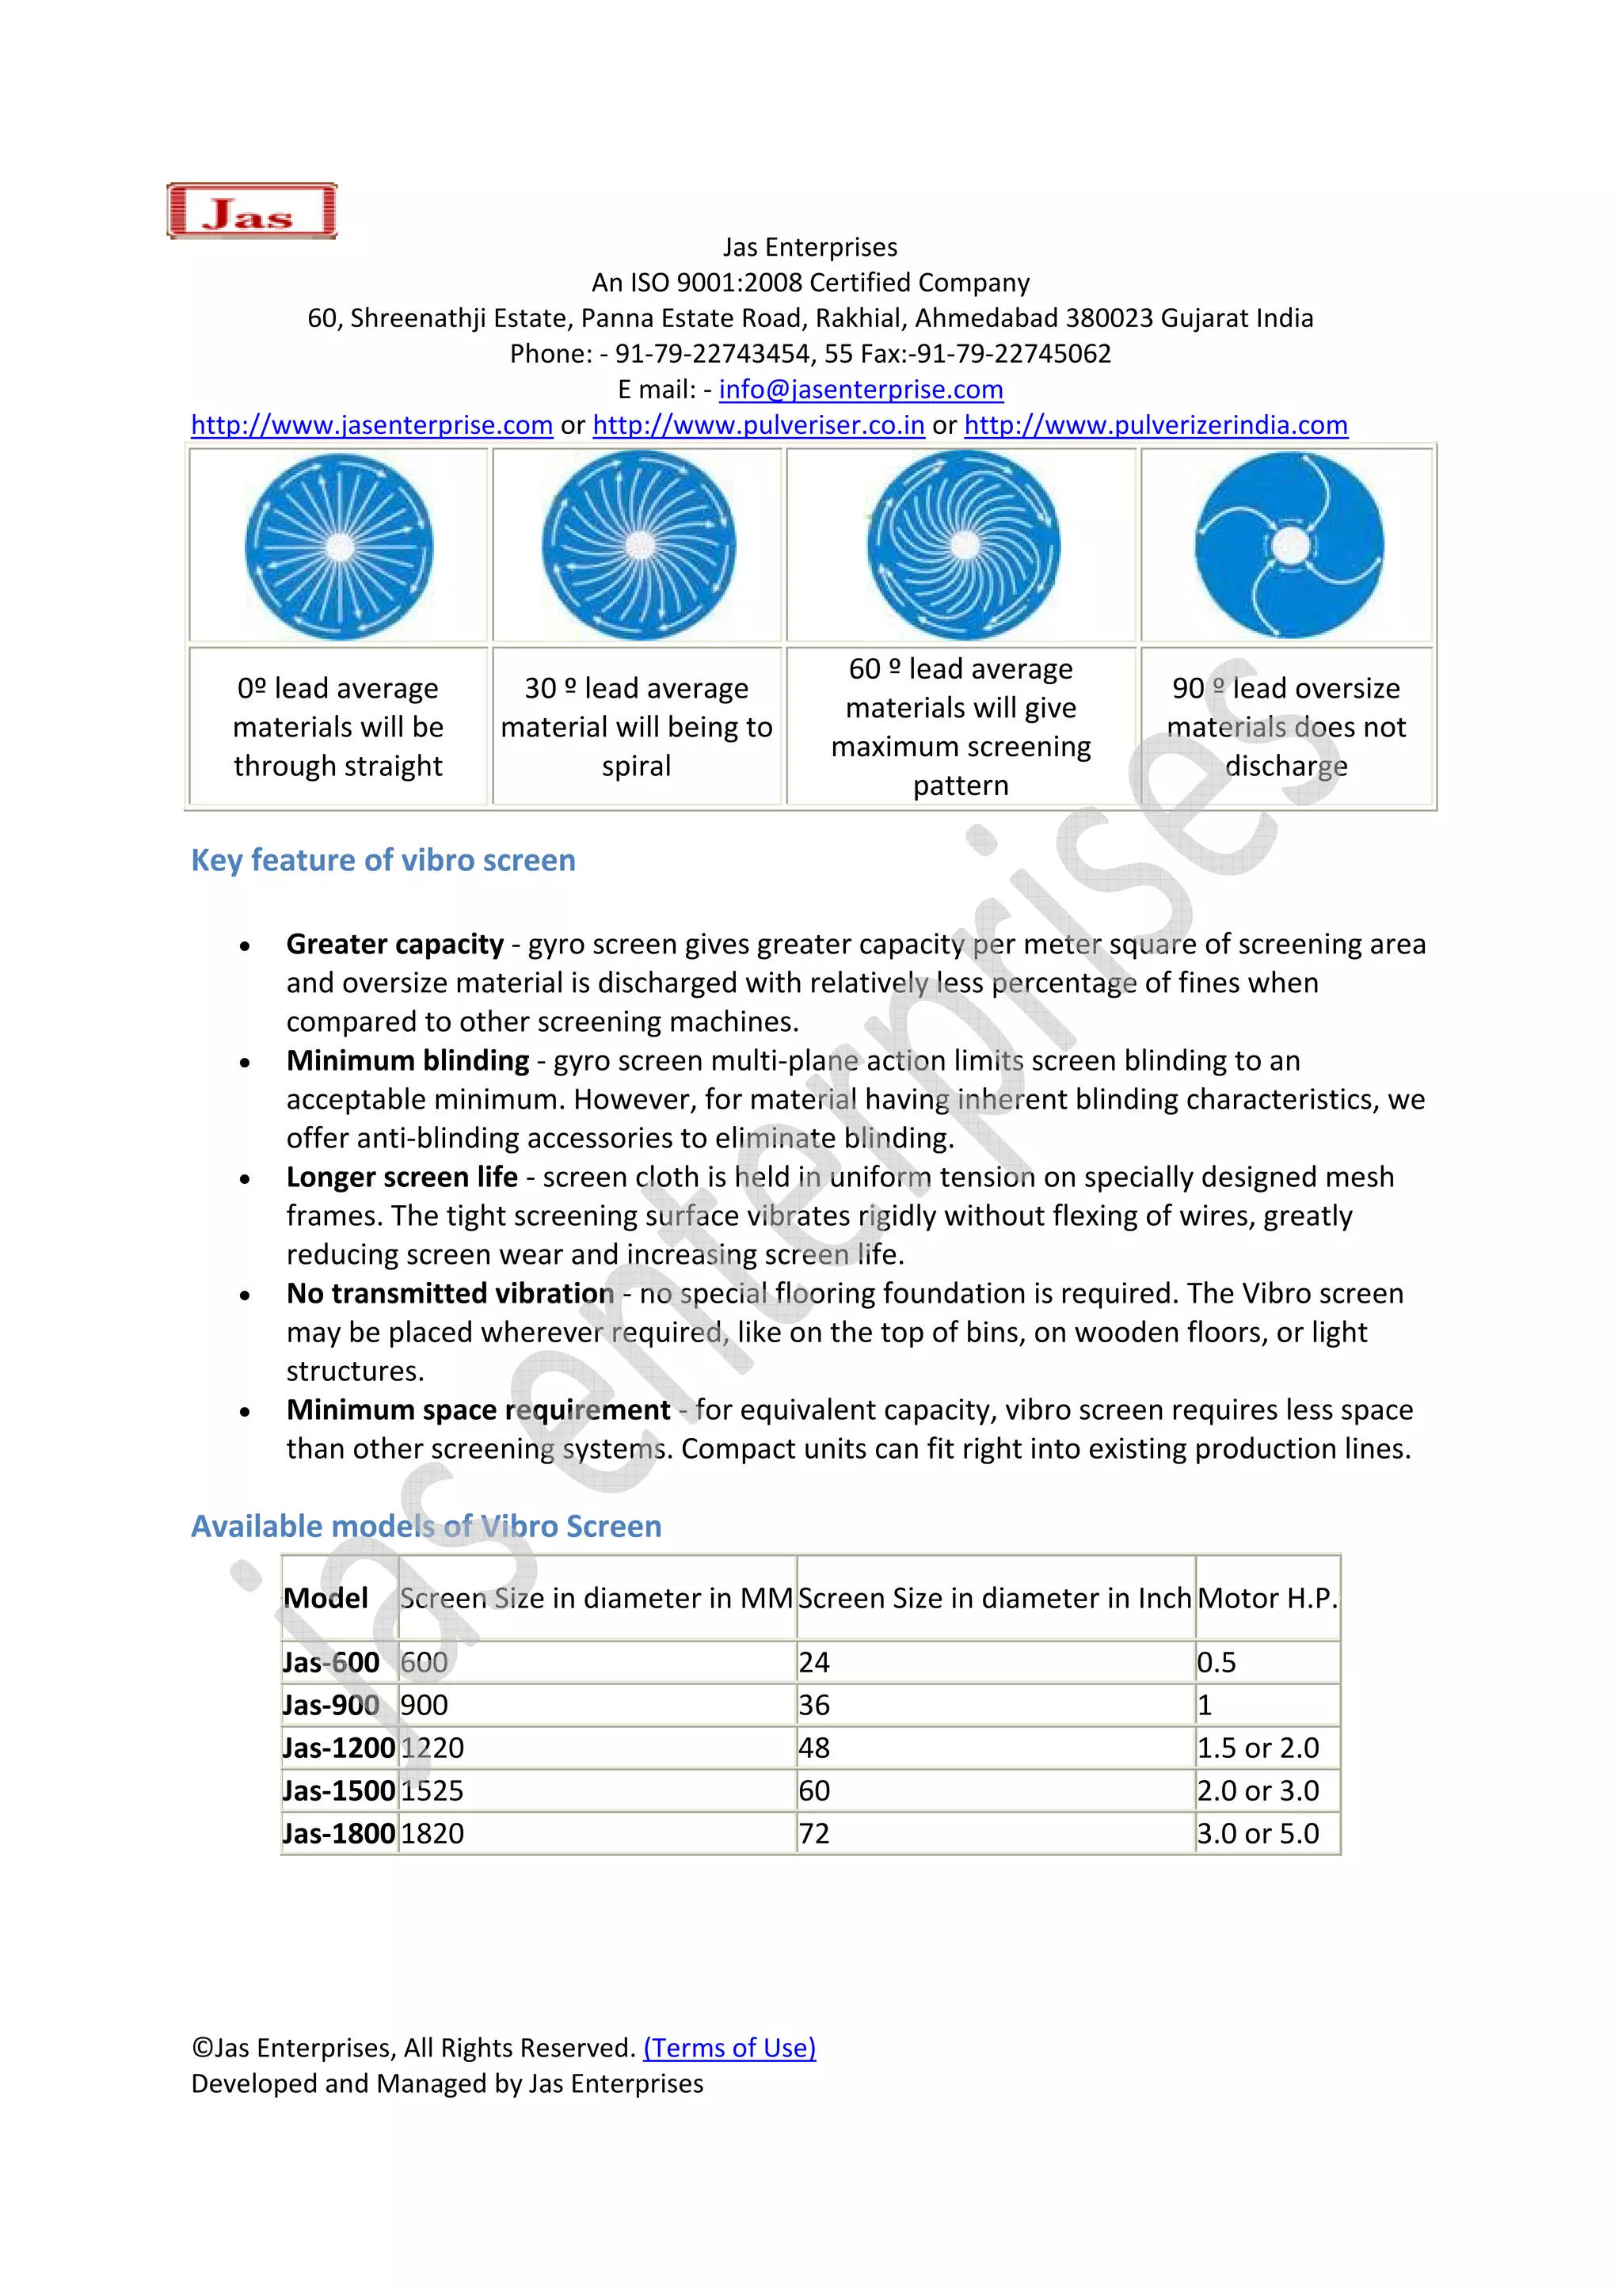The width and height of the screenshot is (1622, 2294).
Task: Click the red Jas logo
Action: [x=251, y=211]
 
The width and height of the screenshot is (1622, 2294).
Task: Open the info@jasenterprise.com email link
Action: [x=860, y=390]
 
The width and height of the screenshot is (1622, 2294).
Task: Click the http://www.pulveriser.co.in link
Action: [x=759, y=426]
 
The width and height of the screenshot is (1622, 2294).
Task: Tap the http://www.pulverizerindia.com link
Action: [x=1156, y=426]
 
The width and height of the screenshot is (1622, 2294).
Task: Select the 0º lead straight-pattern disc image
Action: [x=339, y=546]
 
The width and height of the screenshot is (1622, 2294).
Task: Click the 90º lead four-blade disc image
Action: [x=1289, y=546]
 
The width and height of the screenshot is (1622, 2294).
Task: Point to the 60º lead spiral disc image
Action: [x=963, y=546]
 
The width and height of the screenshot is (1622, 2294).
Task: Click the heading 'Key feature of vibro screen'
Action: [x=383, y=860]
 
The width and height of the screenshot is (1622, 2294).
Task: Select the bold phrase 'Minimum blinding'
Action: [x=408, y=1060]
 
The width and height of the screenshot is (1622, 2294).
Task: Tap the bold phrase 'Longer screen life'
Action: [x=402, y=1177]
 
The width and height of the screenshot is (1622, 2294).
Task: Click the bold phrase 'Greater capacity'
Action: [x=394, y=944]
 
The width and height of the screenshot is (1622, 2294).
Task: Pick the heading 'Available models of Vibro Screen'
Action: [x=426, y=1527]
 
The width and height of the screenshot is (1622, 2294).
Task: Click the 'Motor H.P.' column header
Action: [x=1266, y=1599]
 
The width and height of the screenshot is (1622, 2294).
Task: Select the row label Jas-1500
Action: [x=339, y=1791]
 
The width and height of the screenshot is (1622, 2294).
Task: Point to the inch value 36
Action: [x=814, y=1706]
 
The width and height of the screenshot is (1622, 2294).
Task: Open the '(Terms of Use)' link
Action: [x=729, y=2049]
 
